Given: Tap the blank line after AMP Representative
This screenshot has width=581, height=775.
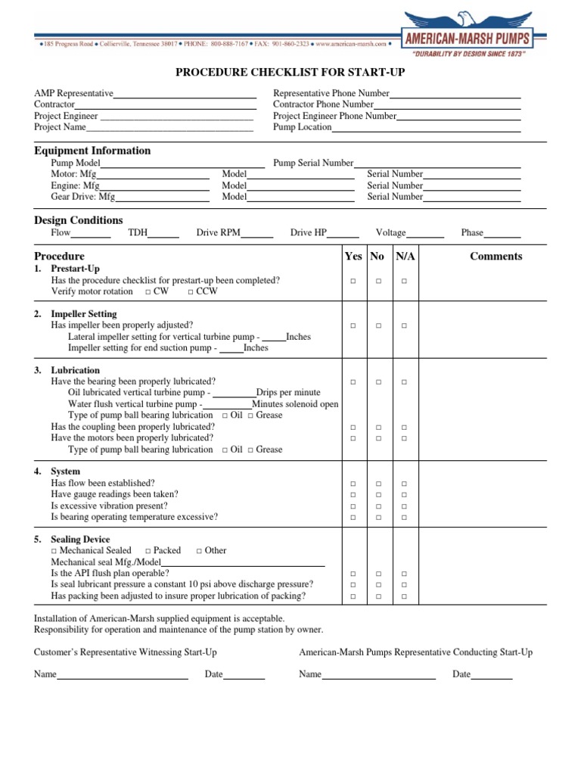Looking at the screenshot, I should [185, 95].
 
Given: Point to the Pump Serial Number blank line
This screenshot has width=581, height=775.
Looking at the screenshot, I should [437, 163].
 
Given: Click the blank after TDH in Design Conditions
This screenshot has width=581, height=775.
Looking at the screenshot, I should [163, 234].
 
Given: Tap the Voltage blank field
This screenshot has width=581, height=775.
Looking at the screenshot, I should [425, 234].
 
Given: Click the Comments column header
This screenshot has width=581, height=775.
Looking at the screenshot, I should [496, 257].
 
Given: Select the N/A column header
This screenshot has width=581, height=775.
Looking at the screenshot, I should [405, 257].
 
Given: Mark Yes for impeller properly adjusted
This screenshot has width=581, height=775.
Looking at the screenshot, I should [353, 325].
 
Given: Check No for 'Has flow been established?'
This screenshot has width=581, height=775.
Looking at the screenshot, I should [378, 484].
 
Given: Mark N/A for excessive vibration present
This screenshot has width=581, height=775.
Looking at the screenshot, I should [404, 506].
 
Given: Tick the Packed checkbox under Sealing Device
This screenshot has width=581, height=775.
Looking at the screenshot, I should [148, 551].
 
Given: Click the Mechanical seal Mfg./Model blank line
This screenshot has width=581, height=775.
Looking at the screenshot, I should [244, 563].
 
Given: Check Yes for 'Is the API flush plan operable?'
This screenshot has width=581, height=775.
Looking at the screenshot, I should [353, 574].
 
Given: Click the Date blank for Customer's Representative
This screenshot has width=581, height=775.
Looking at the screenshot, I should [244, 675].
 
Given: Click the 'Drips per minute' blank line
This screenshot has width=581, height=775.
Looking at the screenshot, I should [235, 394].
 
